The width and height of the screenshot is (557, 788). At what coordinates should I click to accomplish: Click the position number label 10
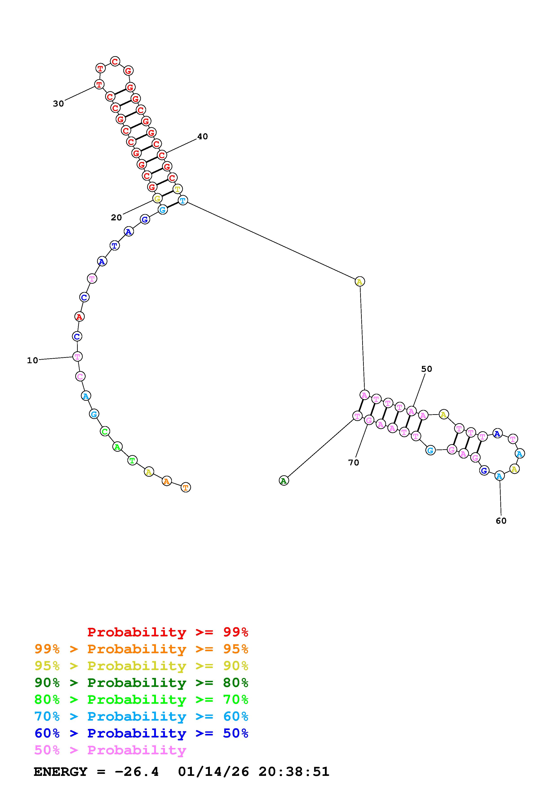pos(32,360)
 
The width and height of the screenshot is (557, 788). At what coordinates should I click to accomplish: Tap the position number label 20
pos(116,218)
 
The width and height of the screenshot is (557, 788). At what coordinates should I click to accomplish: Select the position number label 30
pos(58,104)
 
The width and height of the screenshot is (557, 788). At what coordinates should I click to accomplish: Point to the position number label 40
pos(202,137)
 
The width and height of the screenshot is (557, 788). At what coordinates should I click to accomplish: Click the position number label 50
pos(427,369)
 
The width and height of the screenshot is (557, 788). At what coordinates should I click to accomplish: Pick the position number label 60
pos(501,521)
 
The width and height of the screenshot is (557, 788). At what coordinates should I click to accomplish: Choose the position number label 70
pos(353,463)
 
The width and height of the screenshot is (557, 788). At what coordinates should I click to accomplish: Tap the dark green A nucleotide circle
pos(284,481)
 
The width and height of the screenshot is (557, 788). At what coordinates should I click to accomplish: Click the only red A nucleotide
pos(79,317)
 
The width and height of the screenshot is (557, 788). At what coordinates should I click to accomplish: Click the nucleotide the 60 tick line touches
pos(499,476)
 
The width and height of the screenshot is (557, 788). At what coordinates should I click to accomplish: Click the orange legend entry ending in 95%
pos(141,649)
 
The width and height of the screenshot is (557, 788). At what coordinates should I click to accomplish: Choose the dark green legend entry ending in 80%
pos(141,683)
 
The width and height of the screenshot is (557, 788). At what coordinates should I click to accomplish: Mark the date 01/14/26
pos(213,772)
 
